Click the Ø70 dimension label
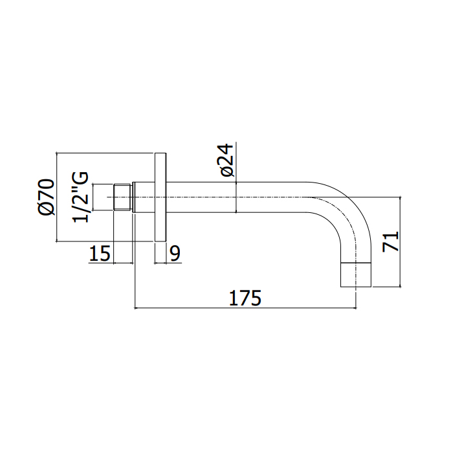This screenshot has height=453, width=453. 45,198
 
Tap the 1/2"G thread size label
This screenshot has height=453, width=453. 82,198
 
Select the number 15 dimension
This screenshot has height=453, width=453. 100,254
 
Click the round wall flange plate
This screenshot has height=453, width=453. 160,197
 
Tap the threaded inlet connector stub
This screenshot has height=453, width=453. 123,197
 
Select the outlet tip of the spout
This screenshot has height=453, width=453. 357,276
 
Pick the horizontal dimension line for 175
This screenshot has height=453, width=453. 245,308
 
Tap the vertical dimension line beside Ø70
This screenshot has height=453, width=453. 58,198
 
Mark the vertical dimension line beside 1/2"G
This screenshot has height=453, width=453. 94,198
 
